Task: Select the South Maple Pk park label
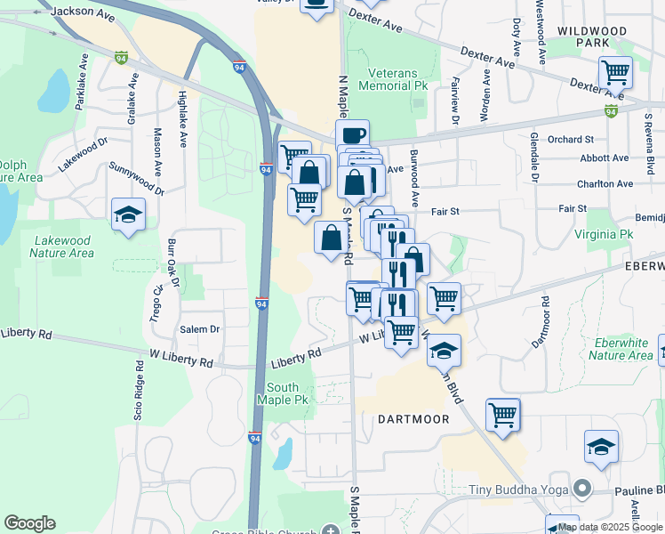pos(283,393)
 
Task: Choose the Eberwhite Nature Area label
pos(621,349)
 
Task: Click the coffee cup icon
pos(353,135)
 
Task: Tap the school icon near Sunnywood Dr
pos(129,214)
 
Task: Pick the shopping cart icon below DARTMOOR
pos(503,414)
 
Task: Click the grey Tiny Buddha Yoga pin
pos(581,489)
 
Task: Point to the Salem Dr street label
pos(200,329)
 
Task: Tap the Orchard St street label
pos(570,140)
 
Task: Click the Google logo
pos(29,522)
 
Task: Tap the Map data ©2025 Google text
pos(611,527)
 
